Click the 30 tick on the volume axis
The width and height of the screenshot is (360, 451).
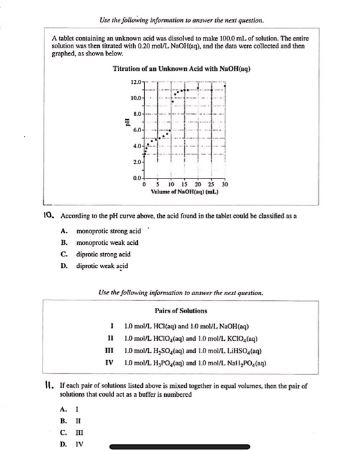coord(225,184)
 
